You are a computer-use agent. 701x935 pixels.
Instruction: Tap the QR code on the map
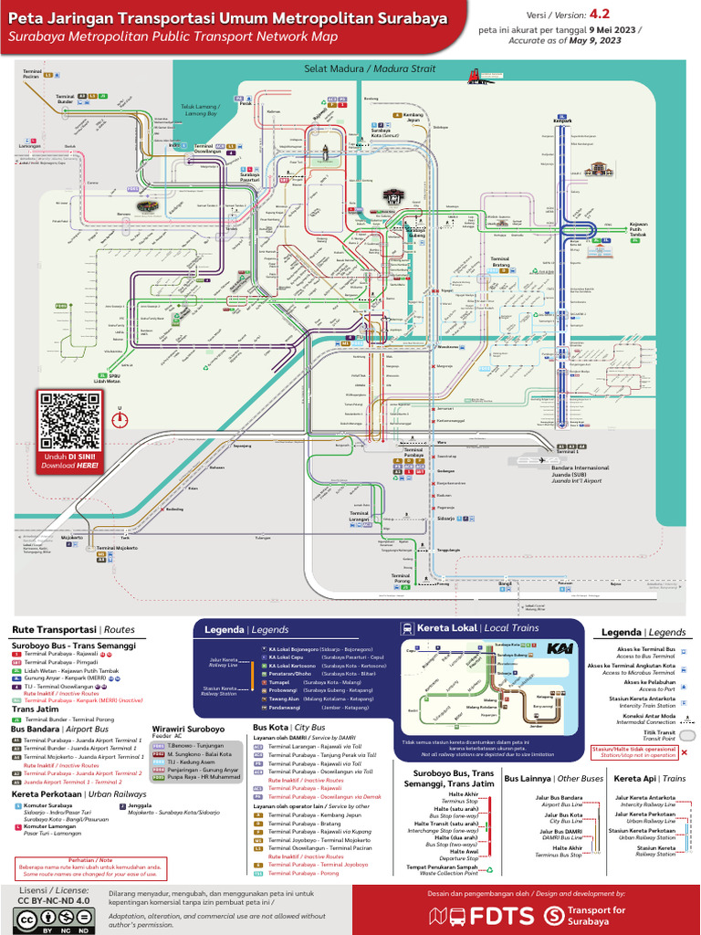70,420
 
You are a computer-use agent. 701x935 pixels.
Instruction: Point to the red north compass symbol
119,419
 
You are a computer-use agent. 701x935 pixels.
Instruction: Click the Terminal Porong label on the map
402,577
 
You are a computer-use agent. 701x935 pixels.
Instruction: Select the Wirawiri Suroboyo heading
187,730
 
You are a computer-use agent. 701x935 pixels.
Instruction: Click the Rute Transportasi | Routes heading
73,630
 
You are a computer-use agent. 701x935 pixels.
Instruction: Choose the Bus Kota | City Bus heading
288,727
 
